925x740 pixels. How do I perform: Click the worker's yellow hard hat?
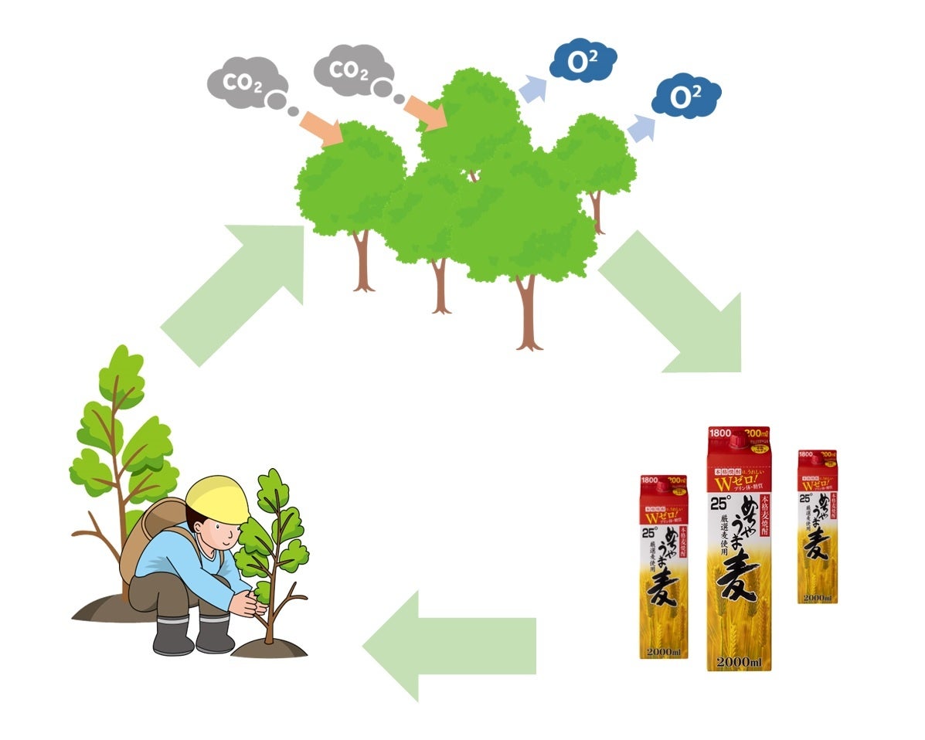pos(217,498)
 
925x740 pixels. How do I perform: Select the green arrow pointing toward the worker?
pos(448,646)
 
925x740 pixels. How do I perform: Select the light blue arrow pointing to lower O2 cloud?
pos(640,128)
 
